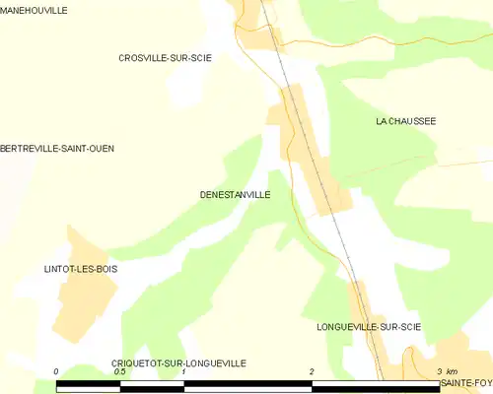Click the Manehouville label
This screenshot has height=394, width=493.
tap(35, 10)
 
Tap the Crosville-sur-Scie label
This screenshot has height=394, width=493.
tap(165, 58)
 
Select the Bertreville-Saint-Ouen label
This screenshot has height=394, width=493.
tap(57, 149)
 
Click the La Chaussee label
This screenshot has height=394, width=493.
tap(405, 121)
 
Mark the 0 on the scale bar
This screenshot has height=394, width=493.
tap(57, 372)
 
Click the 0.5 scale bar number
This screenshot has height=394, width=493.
tap(119, 372)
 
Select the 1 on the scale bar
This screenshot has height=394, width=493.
tap(184, 372)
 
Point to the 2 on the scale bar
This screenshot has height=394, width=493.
tap(312, 372)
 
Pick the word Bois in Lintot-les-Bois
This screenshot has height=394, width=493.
tap(103, 268)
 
